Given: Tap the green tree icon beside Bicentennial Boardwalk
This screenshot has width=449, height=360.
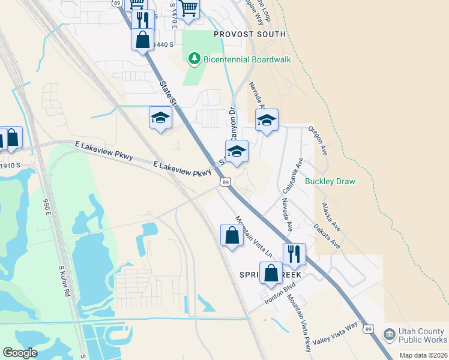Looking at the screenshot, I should (x=194, y=58).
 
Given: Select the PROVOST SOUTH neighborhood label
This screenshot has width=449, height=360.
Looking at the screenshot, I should (x=250, y=34).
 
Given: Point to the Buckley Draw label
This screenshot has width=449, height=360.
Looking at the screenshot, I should (x=330, y=181).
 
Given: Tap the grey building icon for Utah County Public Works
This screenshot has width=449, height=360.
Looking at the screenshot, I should (x=390, y=334).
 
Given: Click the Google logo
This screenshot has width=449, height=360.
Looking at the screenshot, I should (x=20, y=353).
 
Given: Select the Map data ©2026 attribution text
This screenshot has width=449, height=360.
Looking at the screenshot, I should (x=423, y=355).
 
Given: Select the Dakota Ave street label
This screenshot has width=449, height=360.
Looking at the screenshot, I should (x=327, y=236).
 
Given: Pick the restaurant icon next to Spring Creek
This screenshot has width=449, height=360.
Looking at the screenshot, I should (x=294, y=253).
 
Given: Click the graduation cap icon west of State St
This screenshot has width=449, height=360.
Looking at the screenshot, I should (x=160, y=118).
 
